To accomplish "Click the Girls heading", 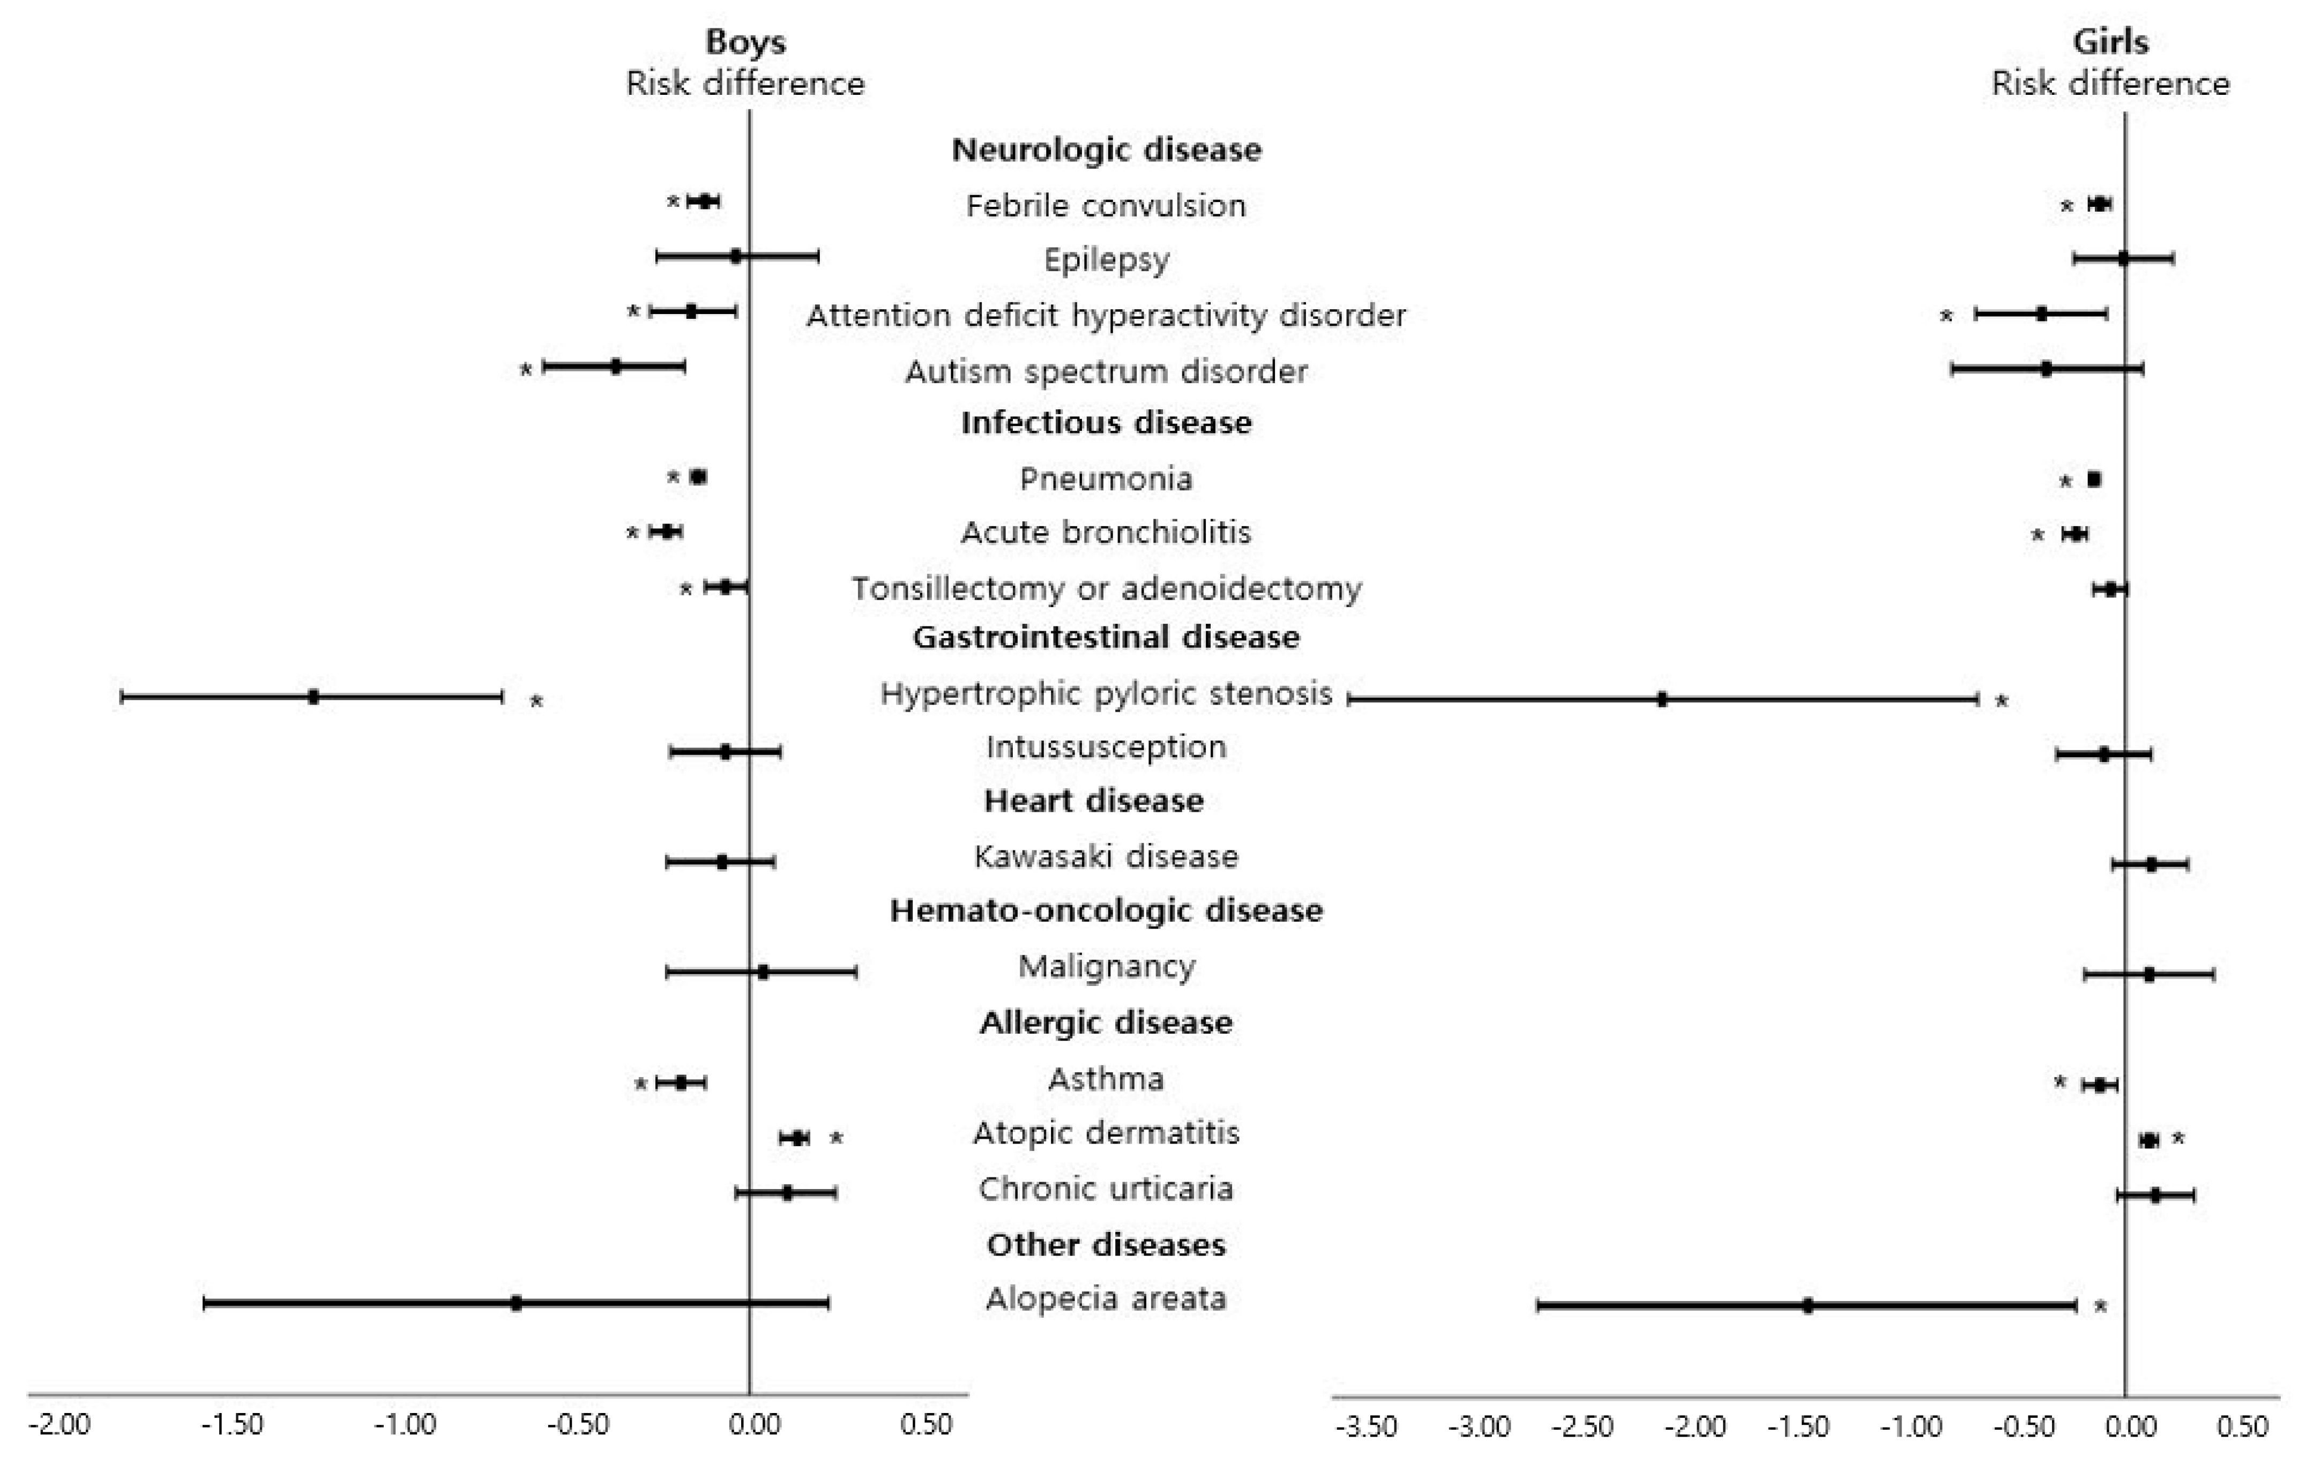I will pos(2110,42).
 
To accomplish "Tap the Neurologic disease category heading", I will pos(1106,150).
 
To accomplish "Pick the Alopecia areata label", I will pos(1106,1299).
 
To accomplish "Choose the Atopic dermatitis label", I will pos(1106,1133).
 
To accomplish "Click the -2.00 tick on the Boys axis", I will pos(59,1425).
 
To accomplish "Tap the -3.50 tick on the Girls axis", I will pos(1367,1428).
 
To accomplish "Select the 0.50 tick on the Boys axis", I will pos(926,1425).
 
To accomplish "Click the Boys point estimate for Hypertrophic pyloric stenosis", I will pos(313,697).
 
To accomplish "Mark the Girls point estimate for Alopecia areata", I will pos(1807,1306).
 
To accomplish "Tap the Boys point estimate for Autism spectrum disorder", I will pos(616,367).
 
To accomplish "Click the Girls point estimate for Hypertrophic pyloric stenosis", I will pos(1661,700).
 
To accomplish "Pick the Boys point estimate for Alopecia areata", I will pos(516,1303).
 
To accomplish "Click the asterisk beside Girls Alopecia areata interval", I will pos(2100,1307).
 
